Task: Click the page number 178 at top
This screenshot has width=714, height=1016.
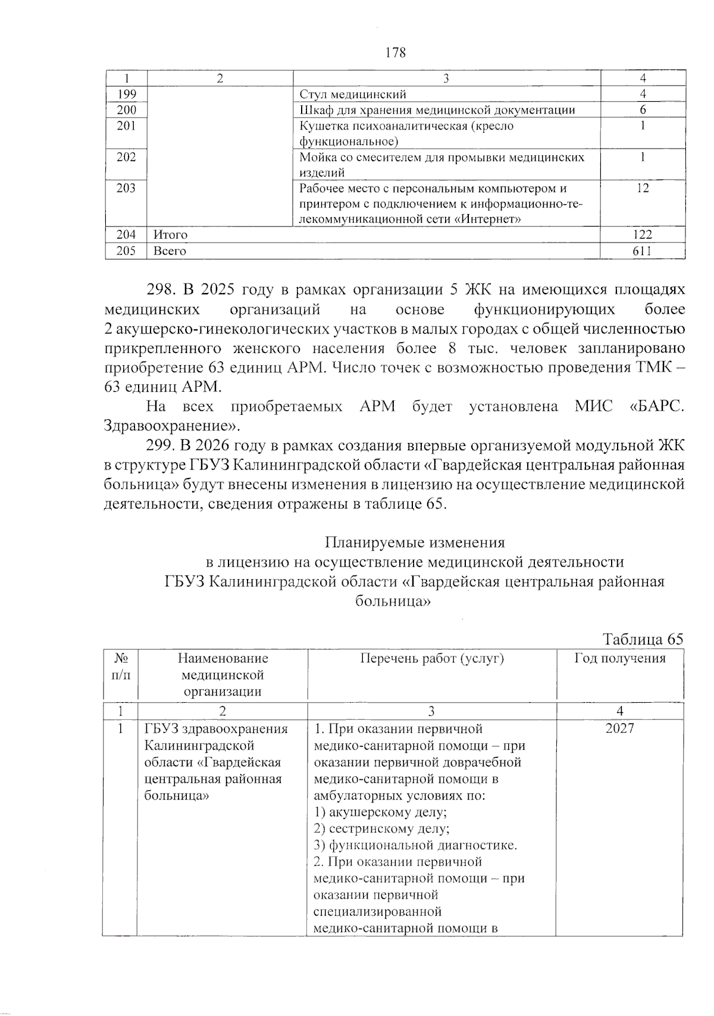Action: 396,53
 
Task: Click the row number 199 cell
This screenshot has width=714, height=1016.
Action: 127,94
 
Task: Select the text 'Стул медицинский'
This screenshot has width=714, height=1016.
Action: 353,94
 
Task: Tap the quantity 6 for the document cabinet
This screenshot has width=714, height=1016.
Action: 643,110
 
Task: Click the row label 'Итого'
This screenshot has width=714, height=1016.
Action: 170,235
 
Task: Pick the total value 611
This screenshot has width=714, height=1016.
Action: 642,251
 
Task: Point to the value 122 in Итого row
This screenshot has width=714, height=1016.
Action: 642,235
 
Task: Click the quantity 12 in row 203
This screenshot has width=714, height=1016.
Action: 643,188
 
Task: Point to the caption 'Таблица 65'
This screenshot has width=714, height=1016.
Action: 643,639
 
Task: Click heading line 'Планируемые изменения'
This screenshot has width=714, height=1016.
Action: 415,542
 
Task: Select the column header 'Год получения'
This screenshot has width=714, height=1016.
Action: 619,658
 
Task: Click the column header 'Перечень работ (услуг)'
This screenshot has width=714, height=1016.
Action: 432,658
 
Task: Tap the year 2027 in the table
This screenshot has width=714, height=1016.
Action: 619,729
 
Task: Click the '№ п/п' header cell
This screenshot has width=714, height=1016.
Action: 121,666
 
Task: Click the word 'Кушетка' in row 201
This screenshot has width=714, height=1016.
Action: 321,126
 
